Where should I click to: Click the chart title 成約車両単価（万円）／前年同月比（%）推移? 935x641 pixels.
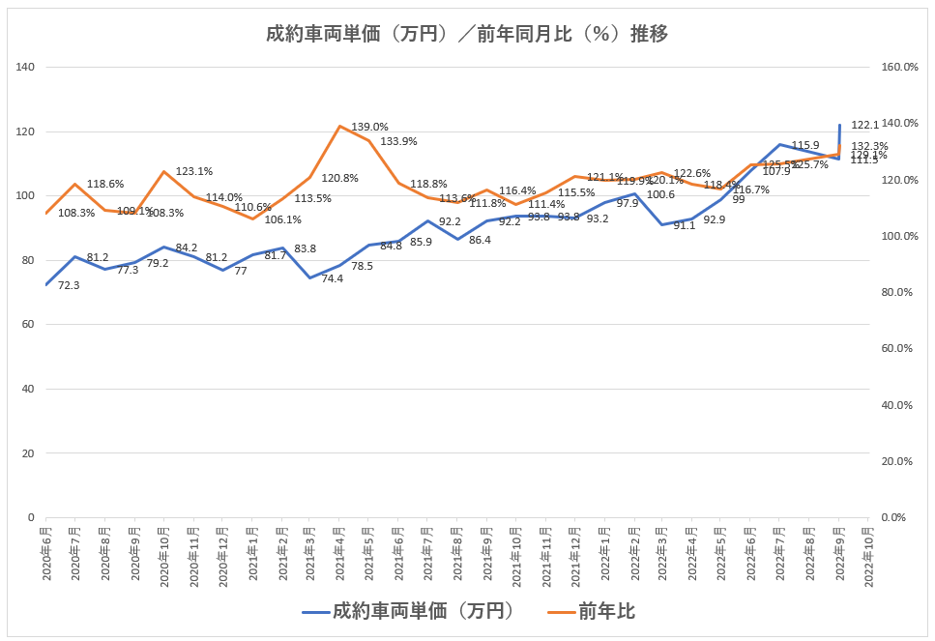coord(467,35)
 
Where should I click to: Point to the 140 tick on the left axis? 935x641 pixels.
coord(25,67)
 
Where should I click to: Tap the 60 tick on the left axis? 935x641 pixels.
coord(28,325)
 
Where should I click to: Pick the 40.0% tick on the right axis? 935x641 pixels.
coord(902,405)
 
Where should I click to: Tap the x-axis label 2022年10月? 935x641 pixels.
coord(869,553)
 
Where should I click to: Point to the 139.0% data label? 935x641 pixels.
coord(369,127)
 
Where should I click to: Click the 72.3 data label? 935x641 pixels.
coord(70,286)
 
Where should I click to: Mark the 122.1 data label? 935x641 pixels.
coord(864,126)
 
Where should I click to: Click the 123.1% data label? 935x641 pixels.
coord(193,171)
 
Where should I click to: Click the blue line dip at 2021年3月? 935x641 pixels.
coord(310,277)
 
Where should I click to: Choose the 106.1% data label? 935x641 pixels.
coord(283,219)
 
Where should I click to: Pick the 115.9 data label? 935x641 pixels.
coord(805,146)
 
